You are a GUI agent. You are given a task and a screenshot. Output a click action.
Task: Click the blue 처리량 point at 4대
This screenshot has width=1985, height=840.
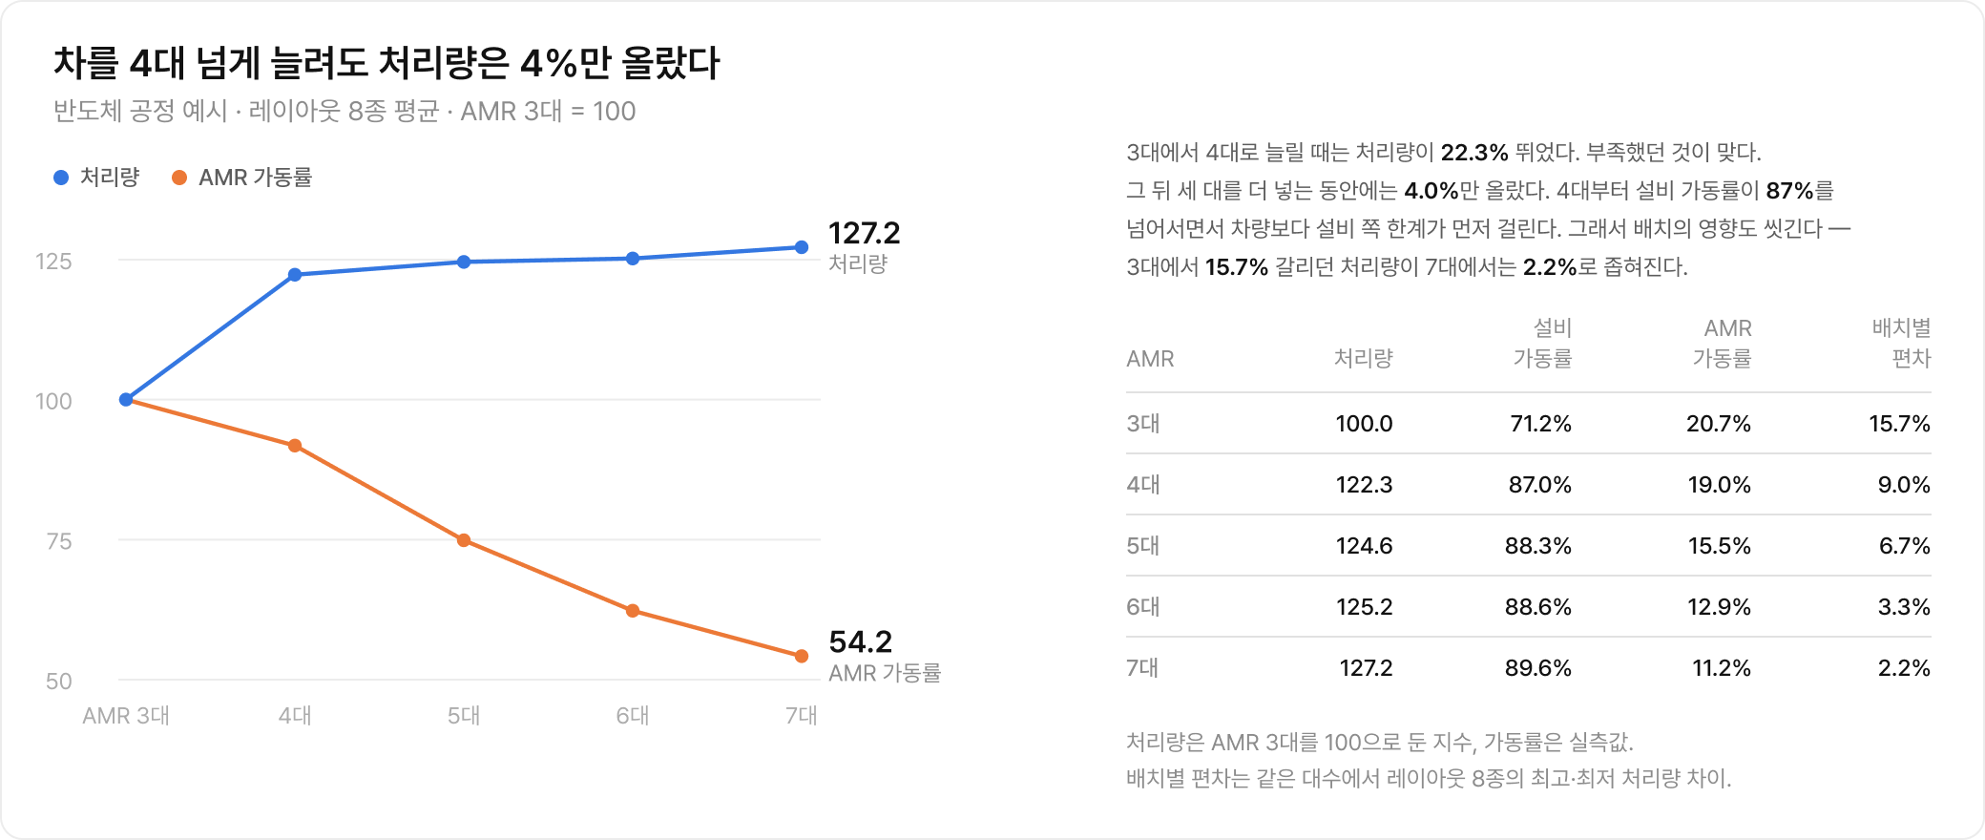click(295, 275)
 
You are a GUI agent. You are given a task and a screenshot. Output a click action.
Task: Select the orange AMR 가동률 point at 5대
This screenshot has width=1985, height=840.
click(464, 540)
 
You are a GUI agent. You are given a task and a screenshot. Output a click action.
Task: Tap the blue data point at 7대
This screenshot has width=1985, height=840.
click(802, 247)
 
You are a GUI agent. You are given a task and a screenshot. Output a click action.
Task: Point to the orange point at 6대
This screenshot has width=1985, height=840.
click(633, 611)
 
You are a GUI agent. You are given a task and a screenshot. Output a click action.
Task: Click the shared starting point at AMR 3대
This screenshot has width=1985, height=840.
click(126, 400)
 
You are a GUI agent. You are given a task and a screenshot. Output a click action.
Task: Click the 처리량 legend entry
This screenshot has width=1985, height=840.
click(97, 178)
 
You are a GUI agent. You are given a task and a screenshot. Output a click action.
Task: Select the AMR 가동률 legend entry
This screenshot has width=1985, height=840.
click(242, 178)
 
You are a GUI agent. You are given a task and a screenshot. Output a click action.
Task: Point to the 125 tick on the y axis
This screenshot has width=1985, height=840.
click(53, 262)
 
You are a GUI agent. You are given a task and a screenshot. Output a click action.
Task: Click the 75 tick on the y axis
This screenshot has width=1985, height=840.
click(59, 541)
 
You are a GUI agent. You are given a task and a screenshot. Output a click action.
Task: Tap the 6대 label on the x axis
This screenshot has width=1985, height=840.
click(633, 716)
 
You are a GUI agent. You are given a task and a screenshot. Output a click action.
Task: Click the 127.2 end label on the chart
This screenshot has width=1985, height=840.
click(865, 233)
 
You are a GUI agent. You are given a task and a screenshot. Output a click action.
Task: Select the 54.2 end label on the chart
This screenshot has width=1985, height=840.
click(861, 641)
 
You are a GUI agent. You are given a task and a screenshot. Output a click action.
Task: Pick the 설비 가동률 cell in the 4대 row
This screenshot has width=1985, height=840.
click(1540, 485)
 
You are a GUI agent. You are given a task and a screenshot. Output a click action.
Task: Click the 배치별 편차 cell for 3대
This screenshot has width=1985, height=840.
click(1899, 424)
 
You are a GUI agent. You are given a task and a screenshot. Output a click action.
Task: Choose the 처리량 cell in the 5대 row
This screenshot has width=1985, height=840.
click(1364, 546)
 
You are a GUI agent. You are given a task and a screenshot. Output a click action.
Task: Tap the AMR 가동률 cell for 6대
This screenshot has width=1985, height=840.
click(1719, 607)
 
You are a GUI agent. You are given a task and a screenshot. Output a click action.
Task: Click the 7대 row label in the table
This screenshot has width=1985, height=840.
click(1142, 668)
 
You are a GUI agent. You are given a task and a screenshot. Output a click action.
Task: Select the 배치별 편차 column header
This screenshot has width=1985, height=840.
click(1901, 344)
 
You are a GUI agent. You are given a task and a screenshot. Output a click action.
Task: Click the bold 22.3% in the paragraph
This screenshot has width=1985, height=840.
click(1474, 153)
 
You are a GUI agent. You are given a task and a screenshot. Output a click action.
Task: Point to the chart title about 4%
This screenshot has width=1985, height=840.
click(387, 63)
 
